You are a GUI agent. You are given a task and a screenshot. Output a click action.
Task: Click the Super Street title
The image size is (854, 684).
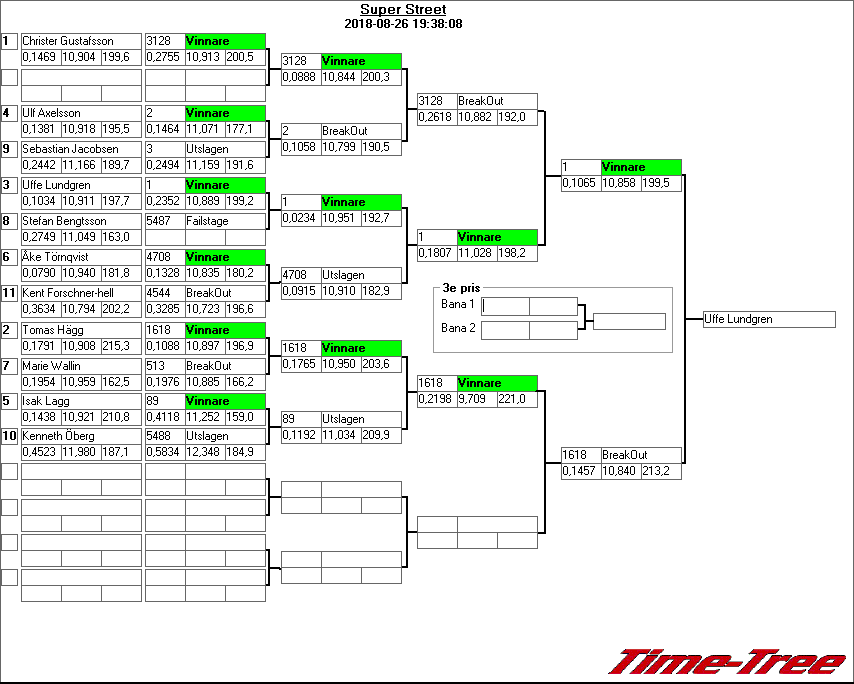[x=403, y=10]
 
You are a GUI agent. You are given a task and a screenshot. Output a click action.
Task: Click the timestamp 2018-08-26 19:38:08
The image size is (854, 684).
[x=403, y=23]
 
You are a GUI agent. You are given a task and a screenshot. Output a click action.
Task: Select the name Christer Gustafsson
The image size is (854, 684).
[x=67, y=41]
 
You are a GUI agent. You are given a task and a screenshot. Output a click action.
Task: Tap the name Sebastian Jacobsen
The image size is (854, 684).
[x=69, y=149]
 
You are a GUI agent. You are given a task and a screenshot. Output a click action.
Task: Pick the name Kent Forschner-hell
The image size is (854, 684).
[x=67, y=293]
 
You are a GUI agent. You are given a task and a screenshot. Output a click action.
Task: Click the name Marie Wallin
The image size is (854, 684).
[x=52, y=366]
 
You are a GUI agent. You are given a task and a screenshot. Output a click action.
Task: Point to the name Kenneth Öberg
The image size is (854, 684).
[x=59, y=436]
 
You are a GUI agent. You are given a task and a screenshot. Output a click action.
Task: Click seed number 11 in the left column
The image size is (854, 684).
[x=9, y=293]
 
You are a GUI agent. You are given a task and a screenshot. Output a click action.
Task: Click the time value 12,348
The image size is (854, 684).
[x=204, y=453]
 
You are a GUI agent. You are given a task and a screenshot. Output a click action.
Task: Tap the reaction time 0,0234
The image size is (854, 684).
[x=298, y=218]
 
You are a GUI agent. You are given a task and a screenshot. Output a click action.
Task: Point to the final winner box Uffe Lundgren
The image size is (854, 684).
[x=768, y=319]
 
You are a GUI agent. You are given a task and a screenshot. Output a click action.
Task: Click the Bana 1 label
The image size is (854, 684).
[x=458, y=304]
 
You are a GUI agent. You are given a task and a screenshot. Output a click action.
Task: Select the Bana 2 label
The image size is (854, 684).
[x=458, y=327]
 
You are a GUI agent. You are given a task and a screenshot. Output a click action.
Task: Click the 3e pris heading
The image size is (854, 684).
[x=459, y=287]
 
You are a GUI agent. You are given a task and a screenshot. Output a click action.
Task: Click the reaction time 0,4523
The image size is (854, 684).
[x=40, y=453]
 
